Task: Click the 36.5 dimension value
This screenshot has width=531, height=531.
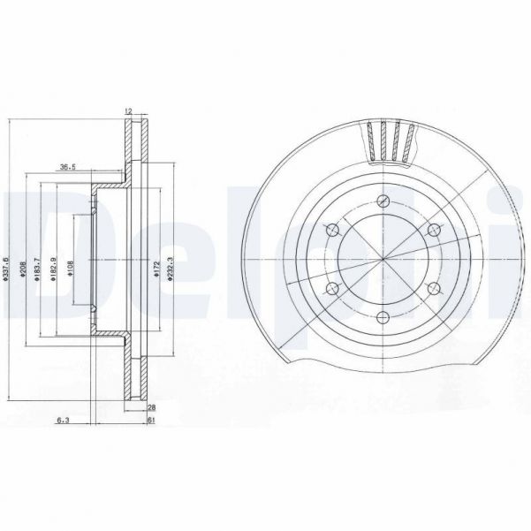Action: pyautogui.click(x=67, y=165)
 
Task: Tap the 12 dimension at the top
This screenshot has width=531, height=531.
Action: pyautogui.click(x=129, y=110)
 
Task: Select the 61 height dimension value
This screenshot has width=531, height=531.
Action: pyautogui.click(x=152, y=422)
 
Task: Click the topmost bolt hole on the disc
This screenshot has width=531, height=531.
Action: pyautogui.click(x=383, y=201)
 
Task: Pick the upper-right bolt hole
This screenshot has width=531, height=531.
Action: pyautogui.click(x=433, y=230)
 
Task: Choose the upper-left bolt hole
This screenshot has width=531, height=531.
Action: pyautogui.click(x=332, y=230)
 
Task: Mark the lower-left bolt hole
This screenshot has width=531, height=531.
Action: pyautogui.click(x=332, y=289)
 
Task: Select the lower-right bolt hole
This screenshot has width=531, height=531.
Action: pyautogui.click(x=433, y=289)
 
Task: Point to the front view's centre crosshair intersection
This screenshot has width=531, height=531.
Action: pyautogui.click(x=383, y=260)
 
